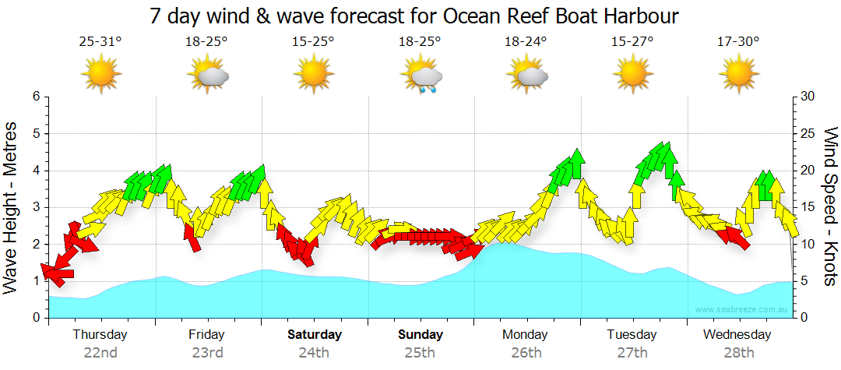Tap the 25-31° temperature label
100,42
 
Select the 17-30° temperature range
737,42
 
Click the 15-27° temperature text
632,42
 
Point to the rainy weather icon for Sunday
421,76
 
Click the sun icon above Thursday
101,76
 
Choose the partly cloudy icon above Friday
207,76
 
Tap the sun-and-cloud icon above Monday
526,76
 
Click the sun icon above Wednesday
738,76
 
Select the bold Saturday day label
314,335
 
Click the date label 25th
420,352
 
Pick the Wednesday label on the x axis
737,335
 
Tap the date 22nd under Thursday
100,352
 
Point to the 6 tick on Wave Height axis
36,97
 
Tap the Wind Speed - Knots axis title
830,207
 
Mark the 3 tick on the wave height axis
36,207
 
